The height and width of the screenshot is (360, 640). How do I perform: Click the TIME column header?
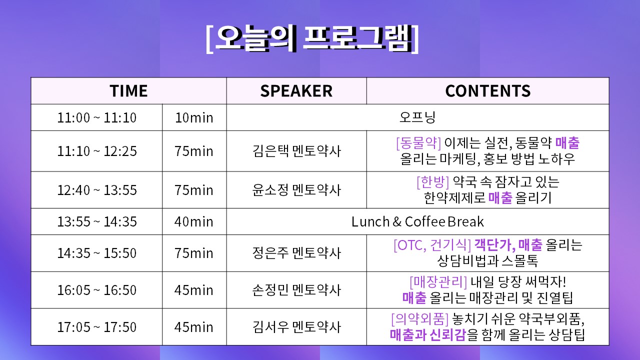click(128, 91)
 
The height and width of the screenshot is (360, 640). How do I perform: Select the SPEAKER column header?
click(296, 91)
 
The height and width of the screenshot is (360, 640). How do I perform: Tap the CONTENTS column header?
click(487, 91)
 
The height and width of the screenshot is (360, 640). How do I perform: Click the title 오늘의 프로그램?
click(312, 39)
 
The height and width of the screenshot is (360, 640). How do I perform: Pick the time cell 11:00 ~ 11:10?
click(97, 117)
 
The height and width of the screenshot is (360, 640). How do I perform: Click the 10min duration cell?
click(194, 117)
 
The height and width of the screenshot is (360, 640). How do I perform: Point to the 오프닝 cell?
click(417, 117)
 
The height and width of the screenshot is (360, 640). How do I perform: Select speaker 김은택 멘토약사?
click(296, 151)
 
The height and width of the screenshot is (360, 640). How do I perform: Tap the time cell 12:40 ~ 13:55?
click(97, 190)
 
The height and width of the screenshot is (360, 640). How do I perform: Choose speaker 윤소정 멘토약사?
click(296, 190)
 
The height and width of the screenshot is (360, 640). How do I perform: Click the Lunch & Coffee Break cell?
click(417, 221)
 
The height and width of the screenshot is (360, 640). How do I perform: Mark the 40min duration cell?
click(194, 221)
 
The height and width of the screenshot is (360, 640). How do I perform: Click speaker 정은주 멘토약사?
click(296, 253)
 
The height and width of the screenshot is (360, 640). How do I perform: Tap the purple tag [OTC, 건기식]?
click(432, 245)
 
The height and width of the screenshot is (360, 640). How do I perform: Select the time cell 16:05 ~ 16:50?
click(97, 290)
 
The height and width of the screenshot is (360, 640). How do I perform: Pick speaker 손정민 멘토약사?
click(296, 290)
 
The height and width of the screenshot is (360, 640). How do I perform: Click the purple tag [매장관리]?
click(438, 281)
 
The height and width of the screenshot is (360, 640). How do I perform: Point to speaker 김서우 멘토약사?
click(296, 327)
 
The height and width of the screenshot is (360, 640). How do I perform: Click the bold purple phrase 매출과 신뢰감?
click(428, 335)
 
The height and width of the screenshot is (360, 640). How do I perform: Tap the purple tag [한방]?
click(433, 182)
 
